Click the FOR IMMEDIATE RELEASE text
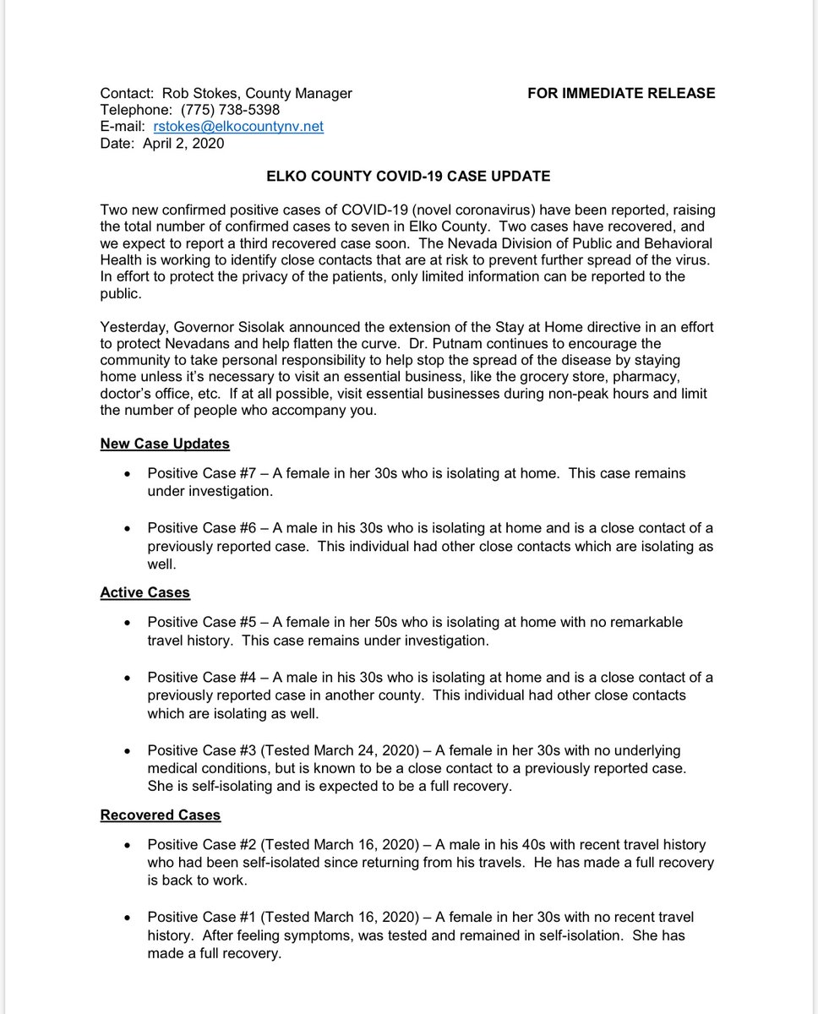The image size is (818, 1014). [621, 93]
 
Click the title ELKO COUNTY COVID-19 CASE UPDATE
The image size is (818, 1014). [407, 177]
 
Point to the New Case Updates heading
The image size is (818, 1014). [165, 444]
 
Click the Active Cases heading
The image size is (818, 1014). [145, 592]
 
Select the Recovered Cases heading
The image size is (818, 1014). [160, 815]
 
